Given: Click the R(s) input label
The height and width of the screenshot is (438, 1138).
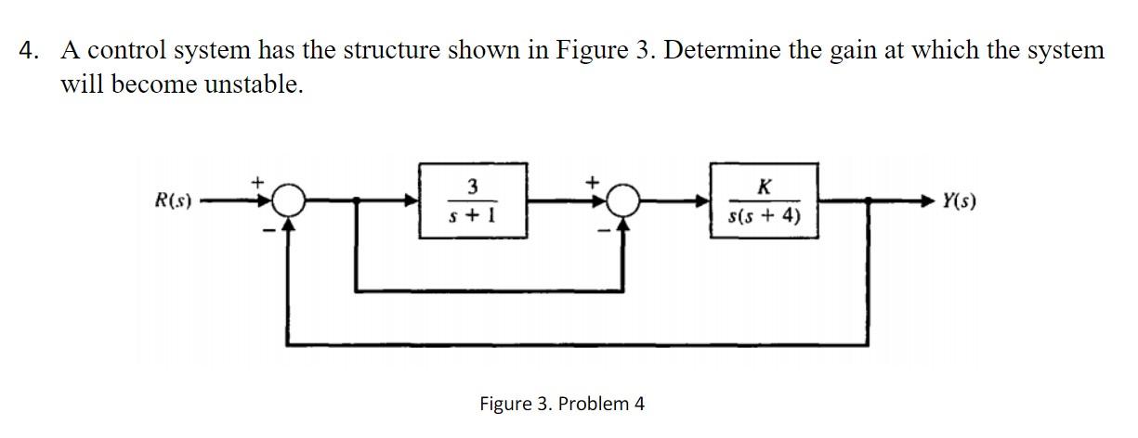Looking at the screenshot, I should (x=173, y=200).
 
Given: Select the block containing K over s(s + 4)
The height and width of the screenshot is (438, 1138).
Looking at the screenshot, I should (x=765, y=200).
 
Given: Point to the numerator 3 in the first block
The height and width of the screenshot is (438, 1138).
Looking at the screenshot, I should (x=473, y=186).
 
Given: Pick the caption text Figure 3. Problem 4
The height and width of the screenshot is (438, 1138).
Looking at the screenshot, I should (x=561, y=404).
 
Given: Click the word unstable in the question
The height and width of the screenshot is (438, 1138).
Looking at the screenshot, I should (x=253, y=85).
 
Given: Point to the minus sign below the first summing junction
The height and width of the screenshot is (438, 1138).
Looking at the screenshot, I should (x=266, y=228).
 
